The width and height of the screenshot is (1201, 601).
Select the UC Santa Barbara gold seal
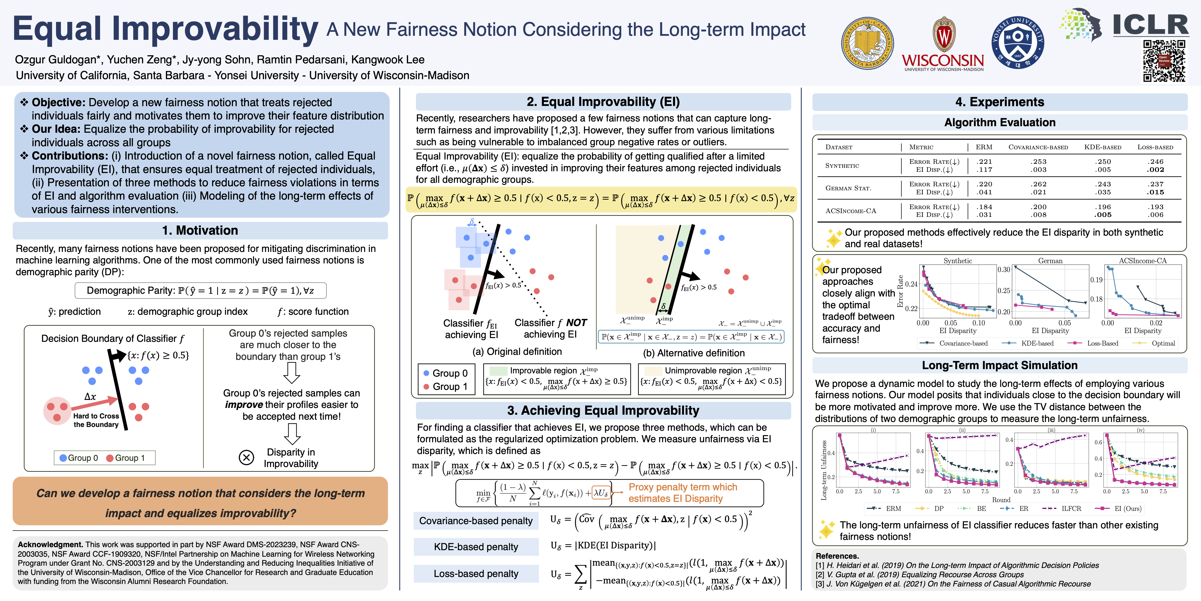(868, 43)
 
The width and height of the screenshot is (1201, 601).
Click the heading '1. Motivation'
(200, 230)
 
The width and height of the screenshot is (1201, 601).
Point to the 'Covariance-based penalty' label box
(476, 521)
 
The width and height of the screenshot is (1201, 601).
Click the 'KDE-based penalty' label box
(476, 547)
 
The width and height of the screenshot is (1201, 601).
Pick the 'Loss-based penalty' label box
(476, 573)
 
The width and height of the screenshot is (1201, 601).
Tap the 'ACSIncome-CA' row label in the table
(850, 211)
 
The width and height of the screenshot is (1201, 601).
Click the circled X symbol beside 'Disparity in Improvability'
(246, 457)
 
